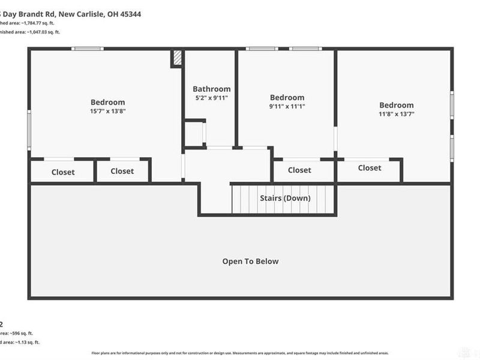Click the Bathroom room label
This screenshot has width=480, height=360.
click(211, 89)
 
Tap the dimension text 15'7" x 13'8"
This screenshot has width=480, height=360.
click(107, 111)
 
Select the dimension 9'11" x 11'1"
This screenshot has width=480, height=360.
click(287, 107)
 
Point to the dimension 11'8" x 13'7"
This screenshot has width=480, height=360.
click(396, 114)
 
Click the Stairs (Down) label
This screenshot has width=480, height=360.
click(284, 198)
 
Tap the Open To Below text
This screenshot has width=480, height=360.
click(250, 262)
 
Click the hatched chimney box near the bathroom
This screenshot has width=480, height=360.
click(177, 58)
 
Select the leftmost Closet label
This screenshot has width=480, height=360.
click(63, 172)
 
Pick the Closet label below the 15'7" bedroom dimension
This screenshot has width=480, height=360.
click(122, 172)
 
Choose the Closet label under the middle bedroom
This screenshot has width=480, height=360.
click(299, 170)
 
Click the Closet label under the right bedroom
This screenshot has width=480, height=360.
click(370, 168)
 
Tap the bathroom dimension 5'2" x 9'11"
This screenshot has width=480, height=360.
click(211, 98)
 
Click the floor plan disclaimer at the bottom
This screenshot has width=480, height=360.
click(240, 354)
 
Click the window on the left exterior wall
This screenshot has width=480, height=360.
click(28, 128)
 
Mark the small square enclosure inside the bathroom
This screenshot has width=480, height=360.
click(194, 133)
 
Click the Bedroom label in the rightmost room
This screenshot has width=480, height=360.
click(396, 105)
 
